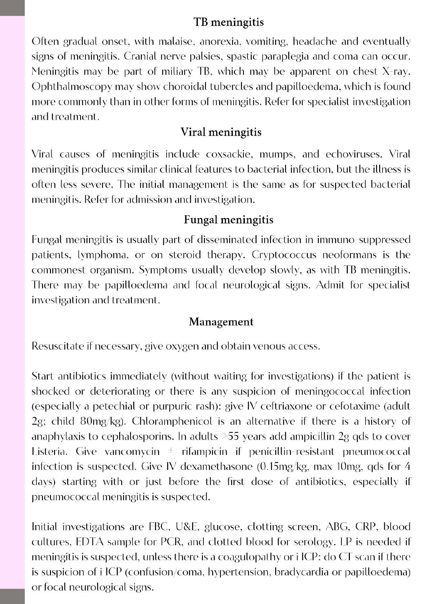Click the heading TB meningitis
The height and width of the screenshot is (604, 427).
pos(229,22)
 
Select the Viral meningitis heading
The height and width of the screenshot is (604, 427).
pos(221,132)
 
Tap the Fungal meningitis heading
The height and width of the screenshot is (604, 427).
pos(229,220)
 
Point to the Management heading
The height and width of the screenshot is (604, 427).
pos(221,322)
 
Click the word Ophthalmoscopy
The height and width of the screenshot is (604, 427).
pos(72,87)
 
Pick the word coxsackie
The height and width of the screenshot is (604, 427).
pos(228,154)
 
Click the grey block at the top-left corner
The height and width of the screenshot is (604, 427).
pos(12,8)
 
